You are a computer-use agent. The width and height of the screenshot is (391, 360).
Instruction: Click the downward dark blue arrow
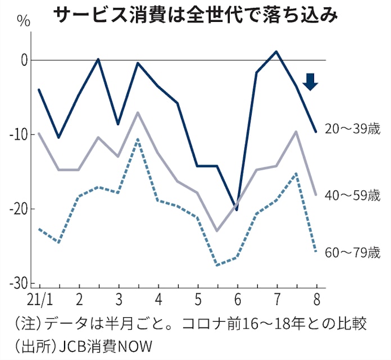[311, 82]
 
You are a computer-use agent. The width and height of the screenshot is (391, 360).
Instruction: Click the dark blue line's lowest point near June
[237, 210]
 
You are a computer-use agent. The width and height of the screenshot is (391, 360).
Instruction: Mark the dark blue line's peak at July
[276, 52]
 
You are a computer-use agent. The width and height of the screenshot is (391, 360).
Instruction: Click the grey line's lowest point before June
[217, 231]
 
